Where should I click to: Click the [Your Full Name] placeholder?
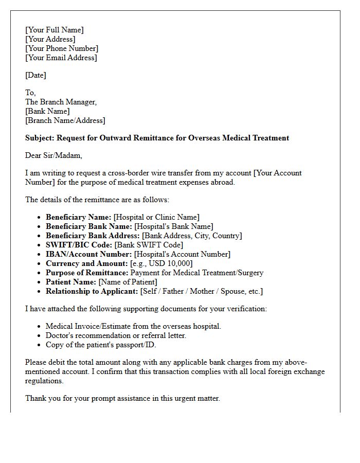[x=54, y=30]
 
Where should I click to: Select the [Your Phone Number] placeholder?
[x=62, y=48]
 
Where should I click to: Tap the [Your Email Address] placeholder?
[x=61, y=58]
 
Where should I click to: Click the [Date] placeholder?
[x=35, y=75]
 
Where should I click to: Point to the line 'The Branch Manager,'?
[x=61, y=102]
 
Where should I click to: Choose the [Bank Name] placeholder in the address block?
[x=47, y=111]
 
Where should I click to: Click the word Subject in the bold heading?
[x=39, y=138]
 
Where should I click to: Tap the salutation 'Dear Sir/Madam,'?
[x=53, y=155]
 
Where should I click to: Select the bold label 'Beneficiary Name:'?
[x=78, y=217]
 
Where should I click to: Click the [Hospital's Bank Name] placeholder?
[x=173, y=226]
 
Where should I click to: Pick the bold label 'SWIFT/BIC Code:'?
[x=79, y=245]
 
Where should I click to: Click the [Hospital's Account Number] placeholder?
[x=182, y=254]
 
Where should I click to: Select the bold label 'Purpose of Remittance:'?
[x=87, y=273]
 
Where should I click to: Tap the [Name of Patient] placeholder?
[x=128, y=282]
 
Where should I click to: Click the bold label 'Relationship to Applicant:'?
[x=92, y=291]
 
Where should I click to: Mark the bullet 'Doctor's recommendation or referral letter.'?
[x=116, y=335]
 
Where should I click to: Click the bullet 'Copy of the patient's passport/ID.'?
[x=101, y=345]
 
